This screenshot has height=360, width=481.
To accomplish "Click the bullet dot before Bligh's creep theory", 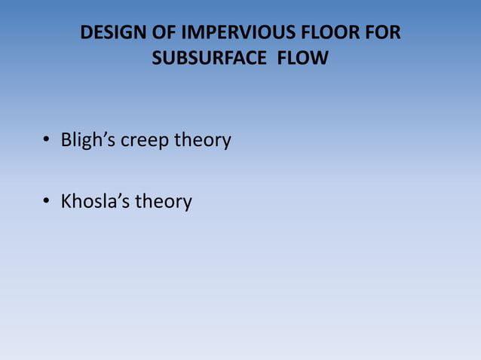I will (46, 141).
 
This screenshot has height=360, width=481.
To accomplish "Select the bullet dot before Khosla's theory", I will (46, 202).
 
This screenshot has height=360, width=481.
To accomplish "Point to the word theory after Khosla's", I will (164, 203).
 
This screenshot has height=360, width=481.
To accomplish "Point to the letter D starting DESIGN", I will (85, 35).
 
